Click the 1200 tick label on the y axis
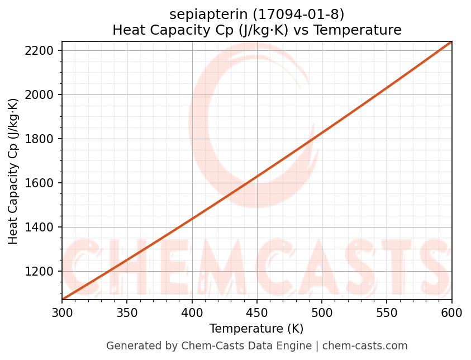(x=42, y=272)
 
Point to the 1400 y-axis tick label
(x=42, y=228)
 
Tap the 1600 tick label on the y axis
(x=42, y=183)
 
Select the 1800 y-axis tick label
(x=42, y=139)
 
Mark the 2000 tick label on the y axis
(x=42, y=95)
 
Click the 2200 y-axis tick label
(x=42, y=51)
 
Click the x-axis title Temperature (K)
(x=256, y=329)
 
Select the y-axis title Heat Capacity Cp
(x=13, y=170)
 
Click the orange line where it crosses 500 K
(x=322, y=131)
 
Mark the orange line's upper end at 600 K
(x=451, y=42)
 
